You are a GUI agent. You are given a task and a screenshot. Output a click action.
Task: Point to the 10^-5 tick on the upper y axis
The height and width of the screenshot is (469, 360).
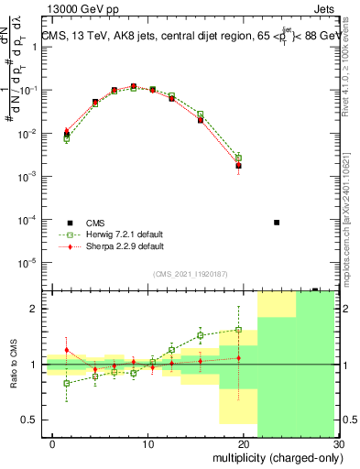pos(26,263)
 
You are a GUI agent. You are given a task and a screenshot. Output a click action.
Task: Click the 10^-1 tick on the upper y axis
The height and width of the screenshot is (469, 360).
pos(26,90)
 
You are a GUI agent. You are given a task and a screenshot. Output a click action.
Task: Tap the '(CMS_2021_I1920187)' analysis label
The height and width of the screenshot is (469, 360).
pos(190,273)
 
